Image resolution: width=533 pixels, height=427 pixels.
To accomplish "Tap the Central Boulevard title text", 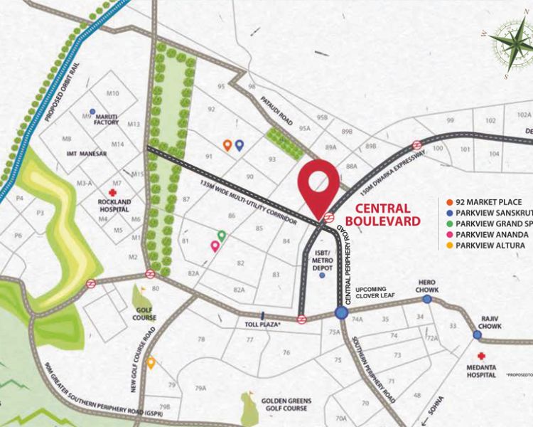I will pos(382,214).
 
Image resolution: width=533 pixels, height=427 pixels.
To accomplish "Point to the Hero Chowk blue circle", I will pos(427,290).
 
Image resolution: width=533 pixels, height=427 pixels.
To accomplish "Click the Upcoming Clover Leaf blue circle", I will pos(341,312).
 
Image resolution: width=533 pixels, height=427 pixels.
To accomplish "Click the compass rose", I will pos(510,47).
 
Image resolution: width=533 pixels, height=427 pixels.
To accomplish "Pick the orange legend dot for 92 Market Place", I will pos(441,202).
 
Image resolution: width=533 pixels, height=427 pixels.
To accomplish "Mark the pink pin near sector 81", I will pos(215,246).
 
